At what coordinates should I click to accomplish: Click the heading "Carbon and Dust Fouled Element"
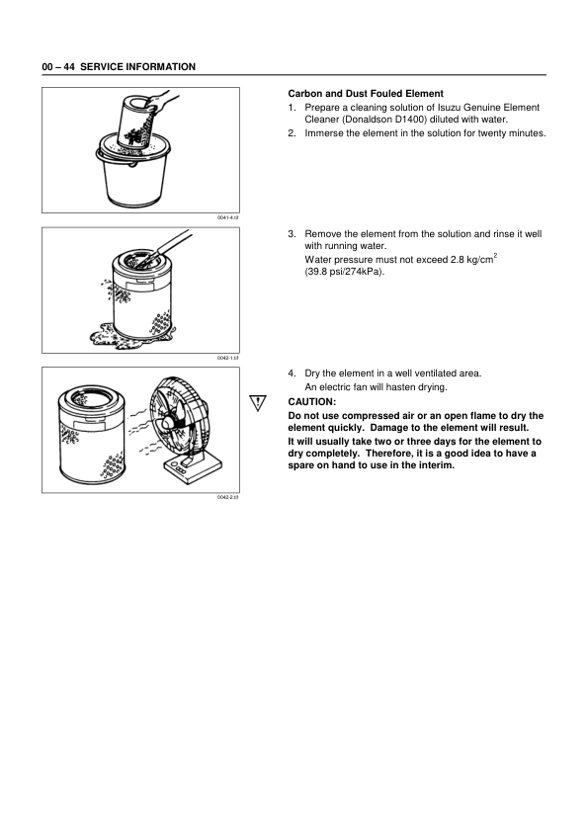click(365, 93)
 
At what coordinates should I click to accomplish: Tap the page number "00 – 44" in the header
click(57, 66)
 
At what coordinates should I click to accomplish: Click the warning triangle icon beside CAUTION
click(259, 402)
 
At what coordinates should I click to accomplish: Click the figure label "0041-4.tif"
click(228, 219)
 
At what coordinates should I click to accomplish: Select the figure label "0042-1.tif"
click(228, 359)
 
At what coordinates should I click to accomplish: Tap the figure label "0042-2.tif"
click(228, 498)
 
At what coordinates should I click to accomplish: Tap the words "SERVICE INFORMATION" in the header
click(137, 66)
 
